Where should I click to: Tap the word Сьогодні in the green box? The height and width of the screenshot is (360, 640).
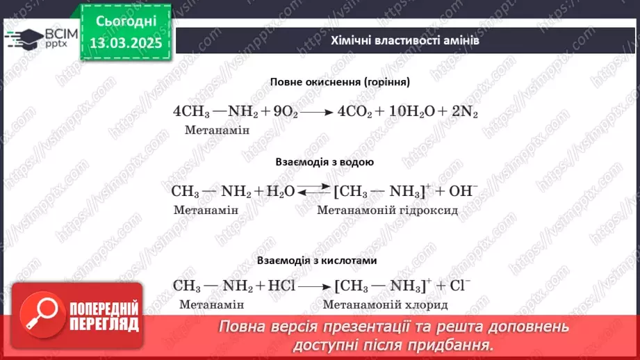click(x=126, y=21)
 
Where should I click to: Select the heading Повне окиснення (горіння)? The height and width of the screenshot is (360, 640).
click(x=340, y=81)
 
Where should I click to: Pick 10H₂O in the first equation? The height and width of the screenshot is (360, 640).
click(x=406, y=112)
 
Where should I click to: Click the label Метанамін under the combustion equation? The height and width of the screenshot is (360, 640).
click(x=218, y=130)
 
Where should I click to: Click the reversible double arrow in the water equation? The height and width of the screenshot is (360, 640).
click(x=315, y=190)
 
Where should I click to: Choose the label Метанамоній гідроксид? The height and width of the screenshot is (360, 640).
click(x=387, y=209)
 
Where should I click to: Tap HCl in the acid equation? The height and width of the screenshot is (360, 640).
click(x=287, y=286)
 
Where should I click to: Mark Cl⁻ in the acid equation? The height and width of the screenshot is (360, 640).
click(x=459, y=286)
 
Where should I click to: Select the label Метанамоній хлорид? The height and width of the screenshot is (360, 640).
click(x=386, y=304)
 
